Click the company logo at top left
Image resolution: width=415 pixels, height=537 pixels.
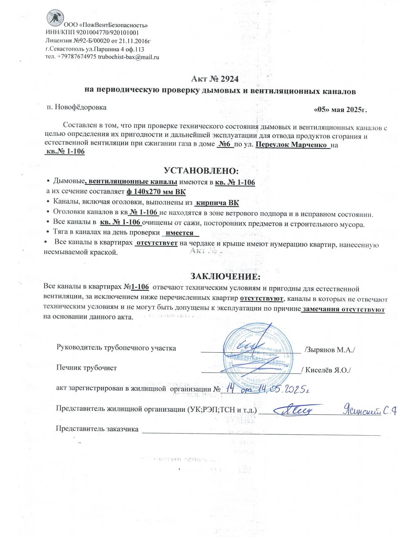pyautogui.click(x=55, y=18)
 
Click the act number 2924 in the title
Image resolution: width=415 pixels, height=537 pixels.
pyautogui.click(x=230, y=79)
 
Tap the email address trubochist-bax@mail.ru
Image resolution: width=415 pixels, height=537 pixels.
pyautogui.click(x=129, y=57)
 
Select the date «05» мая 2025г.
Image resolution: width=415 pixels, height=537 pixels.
pyautogui.click(x=340, y=110)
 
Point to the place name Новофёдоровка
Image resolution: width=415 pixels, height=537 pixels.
pyautogui.click(x=81, y=107)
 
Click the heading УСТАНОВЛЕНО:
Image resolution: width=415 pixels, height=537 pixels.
pyautogui.click(x=201, y=170)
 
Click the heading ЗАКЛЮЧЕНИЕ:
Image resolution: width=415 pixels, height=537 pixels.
pyautogui.click(x=225, y=276)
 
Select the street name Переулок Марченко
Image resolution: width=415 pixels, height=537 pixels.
pyautogui.click(x=292, y=145)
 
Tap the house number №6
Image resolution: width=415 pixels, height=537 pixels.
pyautogui.click(x=224, y=144)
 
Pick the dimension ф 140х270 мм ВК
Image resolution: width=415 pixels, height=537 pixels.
pyautogui.click(x=156, y=192)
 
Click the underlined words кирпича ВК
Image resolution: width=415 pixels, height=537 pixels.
pyautogui.click(x=217, y=203)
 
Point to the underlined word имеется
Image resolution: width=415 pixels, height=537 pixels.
pyautogui.click(x=180, y=233)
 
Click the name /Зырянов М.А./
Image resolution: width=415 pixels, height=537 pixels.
pyautogui.click(x=330, y=350)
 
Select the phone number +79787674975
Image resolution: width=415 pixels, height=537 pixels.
pyautogui.click(x=77, y=57)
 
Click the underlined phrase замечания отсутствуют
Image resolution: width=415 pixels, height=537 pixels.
pyautogui.click(x=343, y=309)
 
